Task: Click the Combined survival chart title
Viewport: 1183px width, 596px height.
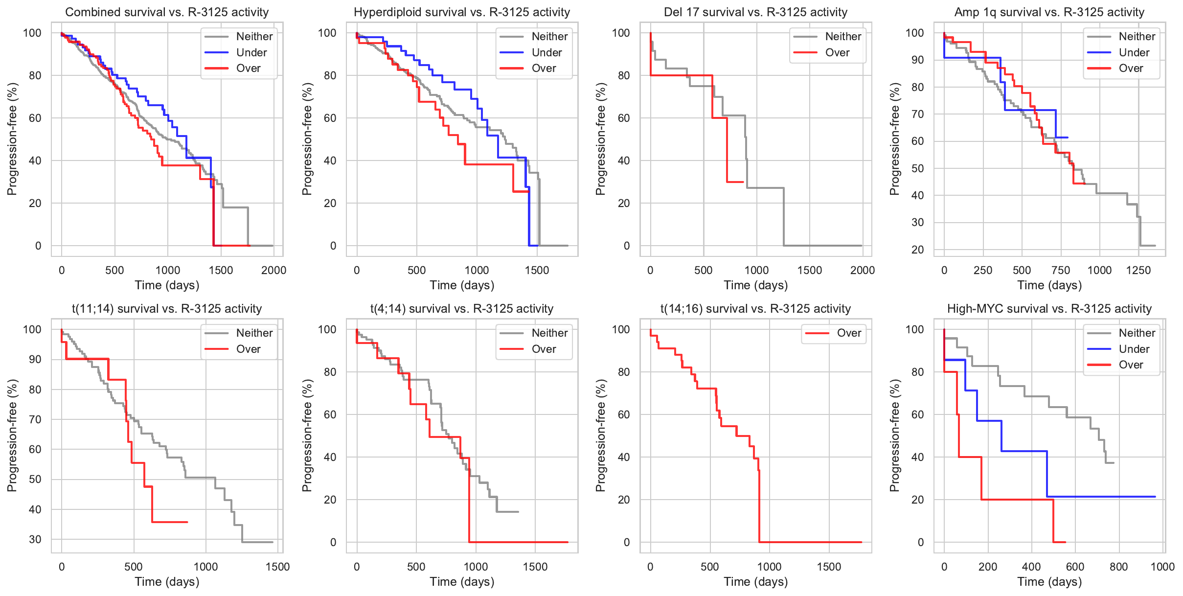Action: coord(167,12)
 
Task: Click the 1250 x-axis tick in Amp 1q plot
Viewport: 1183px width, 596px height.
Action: coord(1138,270)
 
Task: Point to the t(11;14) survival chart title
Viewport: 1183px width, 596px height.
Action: coord(167,309)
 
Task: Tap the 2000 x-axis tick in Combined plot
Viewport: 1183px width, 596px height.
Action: coord(273,270)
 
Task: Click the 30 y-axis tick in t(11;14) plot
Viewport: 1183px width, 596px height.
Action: coord(35,539)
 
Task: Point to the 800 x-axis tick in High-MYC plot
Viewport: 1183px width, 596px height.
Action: coord(1119,567)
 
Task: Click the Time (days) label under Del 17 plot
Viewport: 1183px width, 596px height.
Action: coord(755,285)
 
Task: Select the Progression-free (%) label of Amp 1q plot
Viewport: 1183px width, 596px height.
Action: coord(894,139)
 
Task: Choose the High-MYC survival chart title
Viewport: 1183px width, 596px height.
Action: coord(1049,309)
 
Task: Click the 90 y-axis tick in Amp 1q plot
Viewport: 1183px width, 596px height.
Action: coord(914,60)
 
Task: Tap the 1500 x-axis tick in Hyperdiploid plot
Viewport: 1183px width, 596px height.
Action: coord(537,270)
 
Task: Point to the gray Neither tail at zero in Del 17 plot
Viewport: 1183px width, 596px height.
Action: coord(822,246)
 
